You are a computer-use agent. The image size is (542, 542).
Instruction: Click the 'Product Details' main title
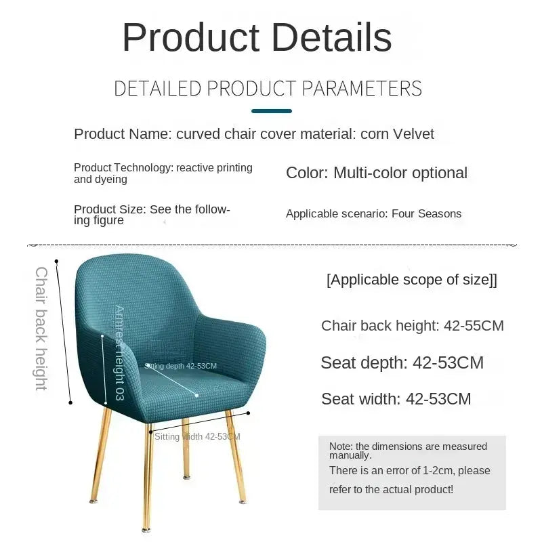(257, 37)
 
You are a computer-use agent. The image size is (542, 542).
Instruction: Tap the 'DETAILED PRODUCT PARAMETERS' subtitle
(268, 89)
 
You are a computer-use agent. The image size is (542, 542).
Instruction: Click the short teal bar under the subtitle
(271, 111)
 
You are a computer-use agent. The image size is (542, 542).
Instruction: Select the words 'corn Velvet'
(397, 134)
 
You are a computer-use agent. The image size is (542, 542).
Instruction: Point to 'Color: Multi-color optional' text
(376, 173)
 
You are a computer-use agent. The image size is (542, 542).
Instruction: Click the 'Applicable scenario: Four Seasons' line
(373, 214)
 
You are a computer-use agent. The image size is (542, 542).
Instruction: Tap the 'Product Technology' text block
(163, 173)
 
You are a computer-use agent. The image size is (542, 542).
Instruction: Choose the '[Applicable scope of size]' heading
(411, 280)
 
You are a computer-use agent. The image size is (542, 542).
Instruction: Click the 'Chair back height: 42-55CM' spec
(412, 326)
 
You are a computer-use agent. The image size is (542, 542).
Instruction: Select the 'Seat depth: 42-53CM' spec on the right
(402, 362)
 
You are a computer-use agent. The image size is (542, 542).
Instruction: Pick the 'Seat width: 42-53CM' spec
(396, 399)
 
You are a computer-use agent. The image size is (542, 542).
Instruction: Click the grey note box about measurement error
(411, 472)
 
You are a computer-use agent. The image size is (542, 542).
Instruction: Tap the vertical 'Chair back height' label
(41, 328)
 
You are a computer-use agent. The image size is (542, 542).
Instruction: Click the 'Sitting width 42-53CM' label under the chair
(197, 437)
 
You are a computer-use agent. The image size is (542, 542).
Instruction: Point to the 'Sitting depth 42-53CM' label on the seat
(182, 367)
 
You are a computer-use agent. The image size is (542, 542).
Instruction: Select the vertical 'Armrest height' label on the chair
(120, 352)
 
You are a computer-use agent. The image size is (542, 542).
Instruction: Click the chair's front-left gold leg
(148, 474)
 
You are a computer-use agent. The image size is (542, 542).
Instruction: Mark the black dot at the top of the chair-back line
(57, 261)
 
